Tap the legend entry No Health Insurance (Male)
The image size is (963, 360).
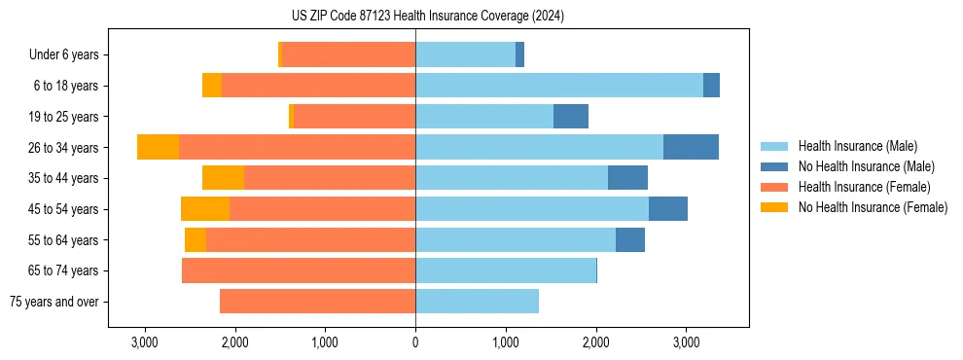coord(866,166)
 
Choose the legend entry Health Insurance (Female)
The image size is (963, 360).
coord(864,187)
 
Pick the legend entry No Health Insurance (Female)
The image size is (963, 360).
coord(873,207)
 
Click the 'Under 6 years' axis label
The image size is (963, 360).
coord(63,55)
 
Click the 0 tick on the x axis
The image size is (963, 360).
coord(415,342)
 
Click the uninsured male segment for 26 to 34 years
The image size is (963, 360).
coord(691,147)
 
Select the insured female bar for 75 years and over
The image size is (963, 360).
coord(317,302)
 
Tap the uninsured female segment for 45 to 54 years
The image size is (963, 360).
coord(205,209)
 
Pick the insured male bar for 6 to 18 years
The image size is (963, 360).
coord(558,86)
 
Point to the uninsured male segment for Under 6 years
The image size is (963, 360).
coord(519,55)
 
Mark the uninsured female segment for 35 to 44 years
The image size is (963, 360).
coord(223,178)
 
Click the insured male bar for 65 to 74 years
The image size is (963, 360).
coord(505,270)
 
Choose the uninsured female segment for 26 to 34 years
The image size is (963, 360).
coord(158,147)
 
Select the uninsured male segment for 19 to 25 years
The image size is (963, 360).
coord(571,117)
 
